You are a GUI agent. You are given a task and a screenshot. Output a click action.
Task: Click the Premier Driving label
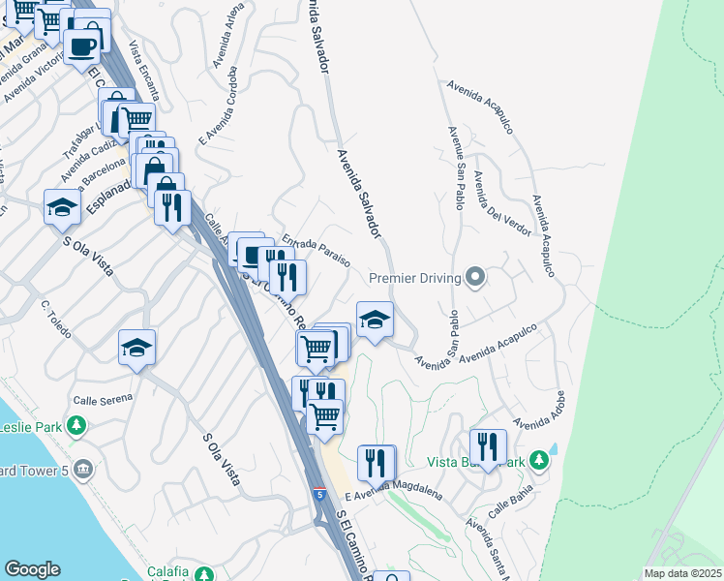click(x=413, y=278)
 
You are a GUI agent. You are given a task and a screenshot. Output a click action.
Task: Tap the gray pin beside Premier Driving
click(x=474, y=278)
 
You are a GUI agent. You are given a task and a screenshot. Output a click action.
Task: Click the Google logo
click(x=32, y=569)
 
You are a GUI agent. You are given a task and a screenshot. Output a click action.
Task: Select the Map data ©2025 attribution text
click(x=682, y=573)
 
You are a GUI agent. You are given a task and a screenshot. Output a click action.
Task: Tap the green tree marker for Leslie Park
click(x=76, y=426)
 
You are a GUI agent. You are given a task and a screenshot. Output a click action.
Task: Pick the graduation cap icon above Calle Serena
click(x=136, y=348)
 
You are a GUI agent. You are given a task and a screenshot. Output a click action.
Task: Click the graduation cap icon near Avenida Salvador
click(x=375, y=320)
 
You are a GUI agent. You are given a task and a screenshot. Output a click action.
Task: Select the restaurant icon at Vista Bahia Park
click(x=488, y=446)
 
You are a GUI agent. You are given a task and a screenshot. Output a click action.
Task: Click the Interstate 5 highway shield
click(x=318, y=495)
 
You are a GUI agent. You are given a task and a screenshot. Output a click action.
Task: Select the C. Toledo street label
click(x=56, y=319)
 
